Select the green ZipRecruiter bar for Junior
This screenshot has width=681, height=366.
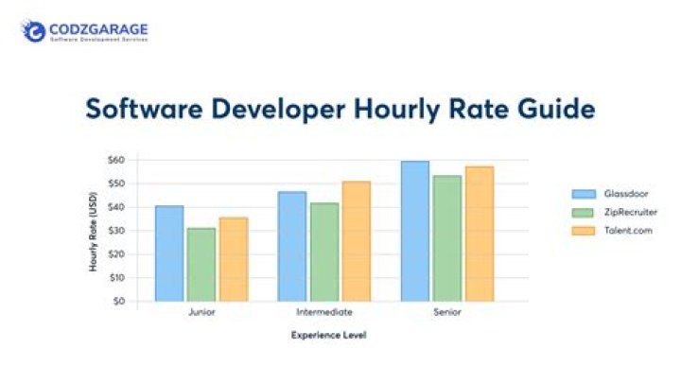[x=201, y=265]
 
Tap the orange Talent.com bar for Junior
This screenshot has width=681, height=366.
[x=233, y=259]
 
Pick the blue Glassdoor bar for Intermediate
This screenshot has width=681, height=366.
[x=292, y=247]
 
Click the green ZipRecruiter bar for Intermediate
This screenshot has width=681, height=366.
[x=323, y=253]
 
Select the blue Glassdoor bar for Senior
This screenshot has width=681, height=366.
[x=414, y=231]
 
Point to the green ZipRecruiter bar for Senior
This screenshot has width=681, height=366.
[x=446, y=238]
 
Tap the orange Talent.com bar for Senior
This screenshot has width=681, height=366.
[x=479, y=234]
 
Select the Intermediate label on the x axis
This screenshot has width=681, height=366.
[x=323, y=311]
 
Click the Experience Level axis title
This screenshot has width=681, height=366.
[x=328, y=335]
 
